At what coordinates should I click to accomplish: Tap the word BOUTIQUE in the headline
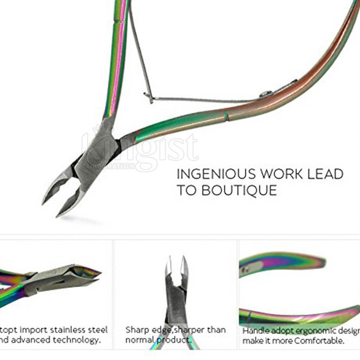coord(239,190)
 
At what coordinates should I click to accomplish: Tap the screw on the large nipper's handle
coord(266,94)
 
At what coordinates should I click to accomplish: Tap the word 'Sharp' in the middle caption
coord(137,330)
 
